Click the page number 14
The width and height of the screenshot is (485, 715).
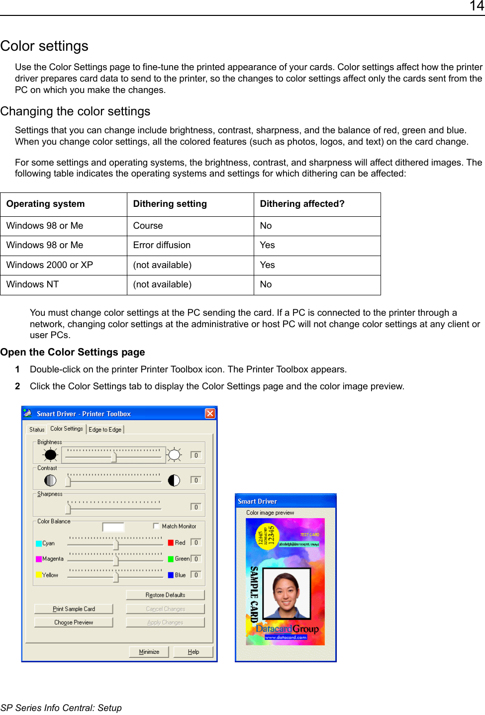pyautogui.click(x=476, y=6)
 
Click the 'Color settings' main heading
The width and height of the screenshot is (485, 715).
pyautogui.click(x=44, y=46)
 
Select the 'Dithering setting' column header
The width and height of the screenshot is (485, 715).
pyautogui.click(x=170, y=204)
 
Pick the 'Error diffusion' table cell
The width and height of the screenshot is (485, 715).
pyautogui.click(x=162, y=245)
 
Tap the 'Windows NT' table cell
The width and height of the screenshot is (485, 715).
pyautogui.click(x=32, y=284)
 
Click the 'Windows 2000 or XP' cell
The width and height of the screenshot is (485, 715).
pyautogui.click(x=49, y=265)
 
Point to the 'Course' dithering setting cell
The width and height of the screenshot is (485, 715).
pyautogui.click(x=148, y=226)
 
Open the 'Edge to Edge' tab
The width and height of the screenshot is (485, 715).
pyautogui.click(x=105, y=430)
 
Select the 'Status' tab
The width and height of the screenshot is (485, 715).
pyautogui.click(x=37, y=430)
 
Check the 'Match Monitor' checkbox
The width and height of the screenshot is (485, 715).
pyautogui.click(x=156, y=526)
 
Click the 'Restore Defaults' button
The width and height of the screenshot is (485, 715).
pyautogui.click(x=165, y=595)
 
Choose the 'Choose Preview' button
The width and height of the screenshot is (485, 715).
pyautogui.click(x=74, y=623)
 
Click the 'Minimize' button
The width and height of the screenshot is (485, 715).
pyautogui.click(x=149, y=652)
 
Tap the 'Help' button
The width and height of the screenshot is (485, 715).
pyautogui.click(x=194, y=652)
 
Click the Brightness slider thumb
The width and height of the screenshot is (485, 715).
pyautogui.click(x=114, y=456)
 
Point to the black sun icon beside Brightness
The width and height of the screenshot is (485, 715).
pyautogui.click(x=50, y=454)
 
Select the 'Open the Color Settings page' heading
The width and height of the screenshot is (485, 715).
pyautogui.click(x=73, y=352)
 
